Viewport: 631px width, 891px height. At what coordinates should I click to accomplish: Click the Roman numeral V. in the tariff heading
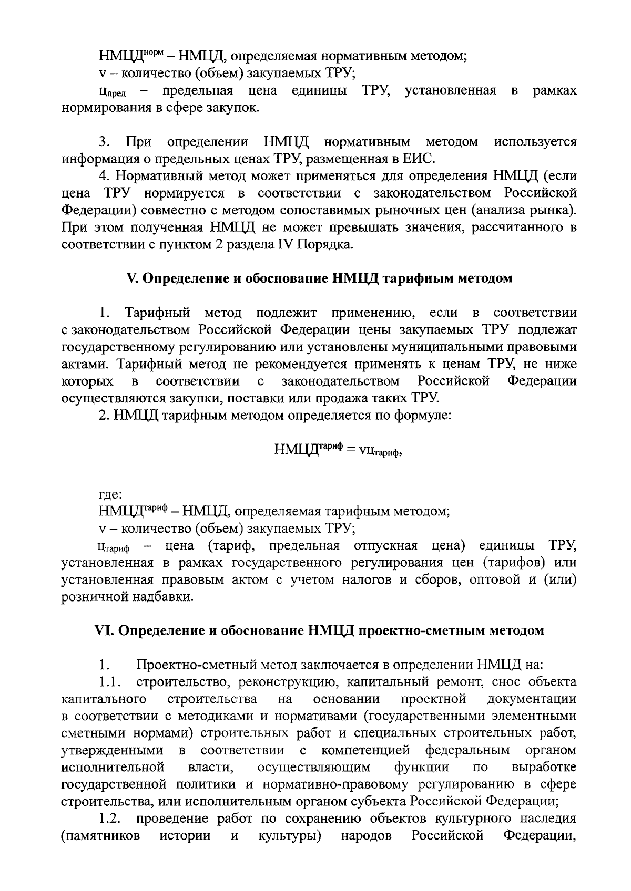tap(132, 278)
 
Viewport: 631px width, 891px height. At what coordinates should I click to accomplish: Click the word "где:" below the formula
tap(110, 494)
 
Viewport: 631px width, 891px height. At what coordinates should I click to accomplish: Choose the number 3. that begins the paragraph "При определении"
tap(103, 142)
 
